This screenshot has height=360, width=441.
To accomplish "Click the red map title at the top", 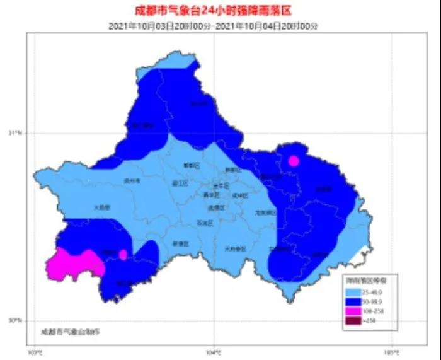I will click(215, 11).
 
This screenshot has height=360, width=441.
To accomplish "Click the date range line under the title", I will click(215, 25).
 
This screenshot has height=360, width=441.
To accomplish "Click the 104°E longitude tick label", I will click(213, 351).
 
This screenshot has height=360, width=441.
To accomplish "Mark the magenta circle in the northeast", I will click(293, 161).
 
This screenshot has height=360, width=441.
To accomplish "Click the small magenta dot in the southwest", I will click(123, 254).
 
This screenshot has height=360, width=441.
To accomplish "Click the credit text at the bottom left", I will click(70, 331).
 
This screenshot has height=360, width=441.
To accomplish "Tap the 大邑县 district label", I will click(101, 207).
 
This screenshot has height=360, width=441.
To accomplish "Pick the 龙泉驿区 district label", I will click(266, 213).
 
